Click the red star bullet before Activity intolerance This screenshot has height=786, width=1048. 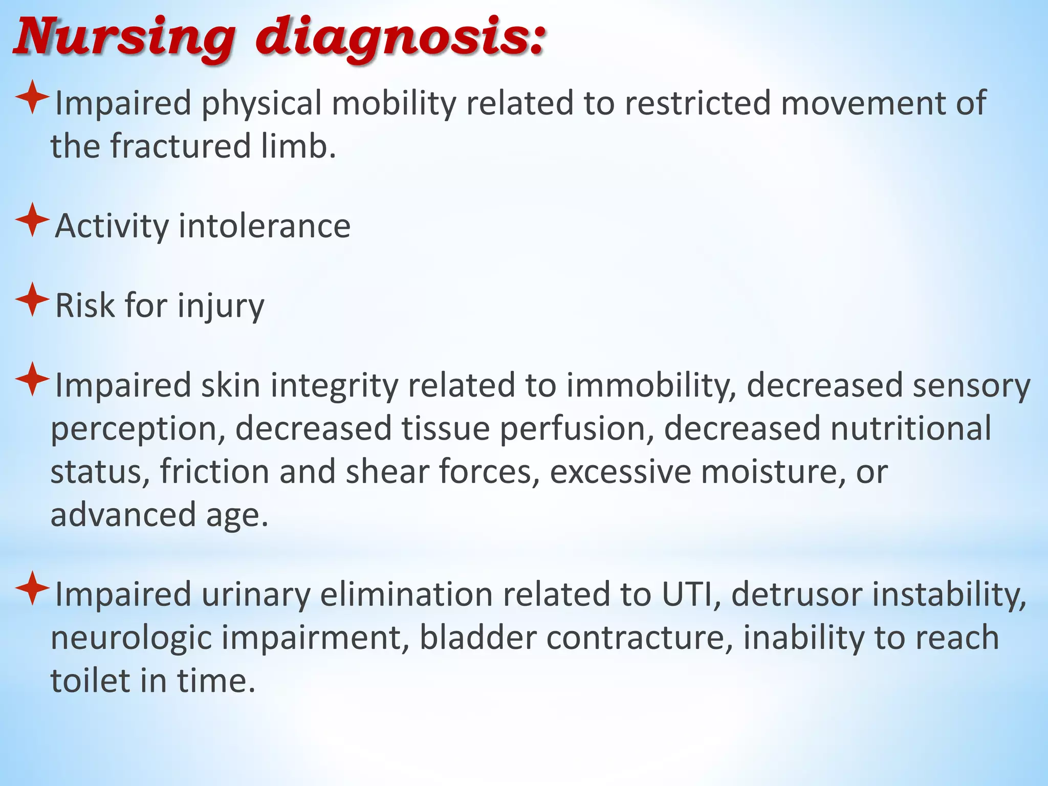pos(32,220)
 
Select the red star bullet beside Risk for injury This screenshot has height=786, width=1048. pos(32,299)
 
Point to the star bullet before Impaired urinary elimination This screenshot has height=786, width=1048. pos(32,588)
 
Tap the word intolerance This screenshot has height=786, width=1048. pos(264,226)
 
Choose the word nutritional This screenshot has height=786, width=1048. pos(910,428)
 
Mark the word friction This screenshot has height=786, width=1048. pos(214,471)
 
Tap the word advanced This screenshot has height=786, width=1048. pos(123,514)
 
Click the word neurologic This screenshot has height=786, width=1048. pos(131,638)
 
